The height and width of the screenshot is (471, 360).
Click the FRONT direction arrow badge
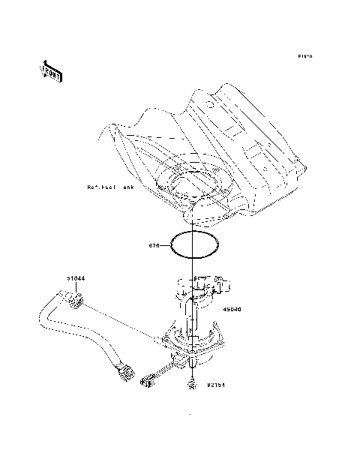(x=51, y=70)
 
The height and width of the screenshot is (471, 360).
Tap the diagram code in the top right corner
(x=304, y=56)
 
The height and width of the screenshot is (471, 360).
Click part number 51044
(x=76, y=278)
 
